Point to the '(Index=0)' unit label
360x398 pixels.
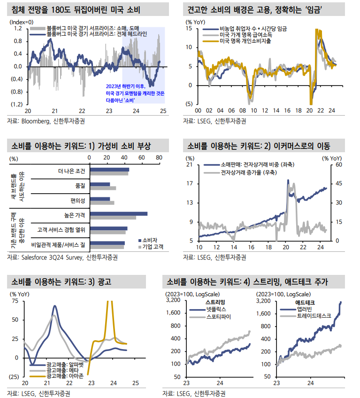(x=21, y=22)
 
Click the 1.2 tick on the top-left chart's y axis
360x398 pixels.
(x=17, y=28)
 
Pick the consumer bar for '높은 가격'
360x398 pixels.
(x=118, y=214)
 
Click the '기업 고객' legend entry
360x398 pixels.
(x=152, y=246)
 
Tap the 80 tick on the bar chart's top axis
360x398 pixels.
(x=159, y=157)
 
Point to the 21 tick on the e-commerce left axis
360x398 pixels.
(x=190, y=165)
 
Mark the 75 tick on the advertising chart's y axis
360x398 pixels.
(x=15, y=301)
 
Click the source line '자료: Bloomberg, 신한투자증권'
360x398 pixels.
(x=46, y=121)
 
